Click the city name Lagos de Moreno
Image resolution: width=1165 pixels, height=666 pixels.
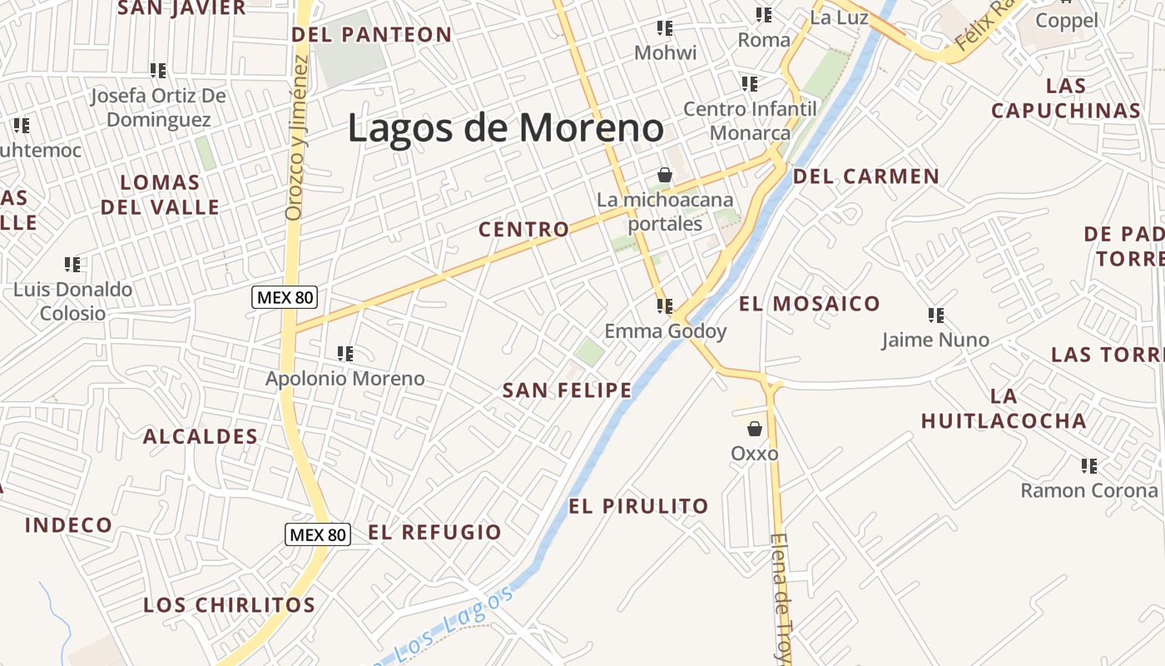click(x=505, y=128)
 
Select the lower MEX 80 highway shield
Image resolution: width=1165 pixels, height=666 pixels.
click(x=318, y=534)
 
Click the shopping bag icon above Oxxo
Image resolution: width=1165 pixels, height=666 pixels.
click(x=755, y=429)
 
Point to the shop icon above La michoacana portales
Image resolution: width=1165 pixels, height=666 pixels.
click(x=665, y=175)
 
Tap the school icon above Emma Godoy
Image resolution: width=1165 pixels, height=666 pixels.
click(x=665, y=306)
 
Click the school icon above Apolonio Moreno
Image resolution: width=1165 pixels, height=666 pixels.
click(x=345, y=354)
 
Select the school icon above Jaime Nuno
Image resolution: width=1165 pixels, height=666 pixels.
click(x=936, y=316)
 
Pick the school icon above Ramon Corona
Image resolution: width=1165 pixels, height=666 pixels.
click(x=1088, y=466)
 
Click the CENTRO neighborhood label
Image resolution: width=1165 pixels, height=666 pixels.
click(x=524, y=230)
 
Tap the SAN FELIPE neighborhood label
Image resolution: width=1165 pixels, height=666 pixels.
click(x=568, y=390)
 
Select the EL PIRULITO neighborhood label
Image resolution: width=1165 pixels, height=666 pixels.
click(x=638, y=506)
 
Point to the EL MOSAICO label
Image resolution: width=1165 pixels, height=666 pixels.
click(x=809, y=304)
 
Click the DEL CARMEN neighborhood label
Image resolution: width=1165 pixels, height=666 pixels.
click(x=865, y=176)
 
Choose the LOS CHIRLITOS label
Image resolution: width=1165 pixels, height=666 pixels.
click(x=230, y=605)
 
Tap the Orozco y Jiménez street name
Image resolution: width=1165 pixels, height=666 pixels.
click(x=295, y=137)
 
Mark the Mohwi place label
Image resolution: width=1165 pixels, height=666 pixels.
click(x=665, y=52)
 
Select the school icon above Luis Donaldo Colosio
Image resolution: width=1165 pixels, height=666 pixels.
click(x=72, y=265)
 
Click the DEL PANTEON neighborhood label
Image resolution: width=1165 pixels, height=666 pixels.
click(x=372, y=35)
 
